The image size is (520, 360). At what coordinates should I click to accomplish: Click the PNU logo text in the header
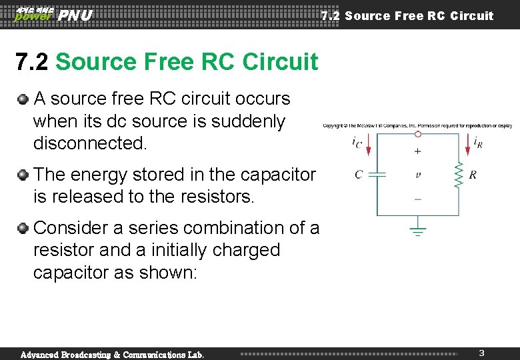75,15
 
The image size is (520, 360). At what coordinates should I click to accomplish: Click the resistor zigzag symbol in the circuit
459,175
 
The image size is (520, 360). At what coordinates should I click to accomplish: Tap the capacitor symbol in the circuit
377,175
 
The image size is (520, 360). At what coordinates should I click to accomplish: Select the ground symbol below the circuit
418,231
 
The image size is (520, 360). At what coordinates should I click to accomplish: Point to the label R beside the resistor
473,175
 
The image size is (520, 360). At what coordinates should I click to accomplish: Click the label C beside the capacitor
359,175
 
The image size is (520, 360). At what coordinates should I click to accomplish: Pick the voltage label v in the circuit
418,175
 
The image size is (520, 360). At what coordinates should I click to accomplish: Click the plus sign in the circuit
418,151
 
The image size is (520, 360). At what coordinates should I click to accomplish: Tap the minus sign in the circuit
418,198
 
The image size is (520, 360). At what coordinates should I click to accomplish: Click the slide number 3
481,352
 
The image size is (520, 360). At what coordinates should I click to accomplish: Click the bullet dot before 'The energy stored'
23,175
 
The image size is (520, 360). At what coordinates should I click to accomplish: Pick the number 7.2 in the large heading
32,62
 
